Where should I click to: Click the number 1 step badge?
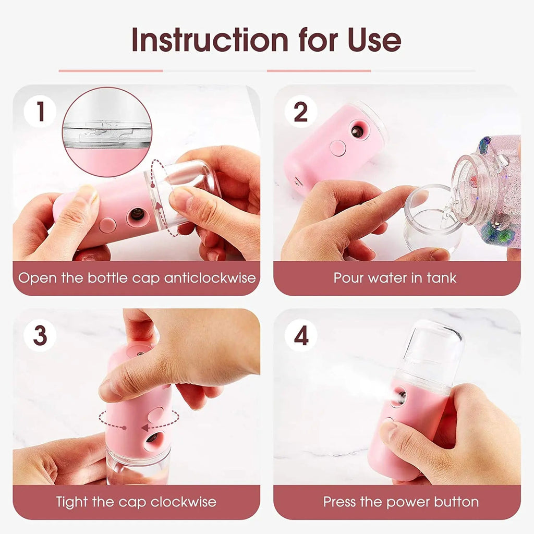click(x=40, y=112)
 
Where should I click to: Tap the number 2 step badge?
click(x=301, y=112)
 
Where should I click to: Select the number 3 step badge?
click(x=40, y=335)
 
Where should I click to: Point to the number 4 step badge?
click(x=301, y=335)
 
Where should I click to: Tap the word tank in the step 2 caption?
click(x=442, y=277)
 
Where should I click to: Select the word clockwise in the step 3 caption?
click(x=183, y=502)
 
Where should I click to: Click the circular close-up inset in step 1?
click(x=107, y=131)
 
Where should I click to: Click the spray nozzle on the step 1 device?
click(x=137, y=214)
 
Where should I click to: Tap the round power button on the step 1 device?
click(x=107, y=225)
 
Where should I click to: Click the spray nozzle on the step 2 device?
click(x=358, y=131)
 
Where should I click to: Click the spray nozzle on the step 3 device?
click(x=153, y=438)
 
